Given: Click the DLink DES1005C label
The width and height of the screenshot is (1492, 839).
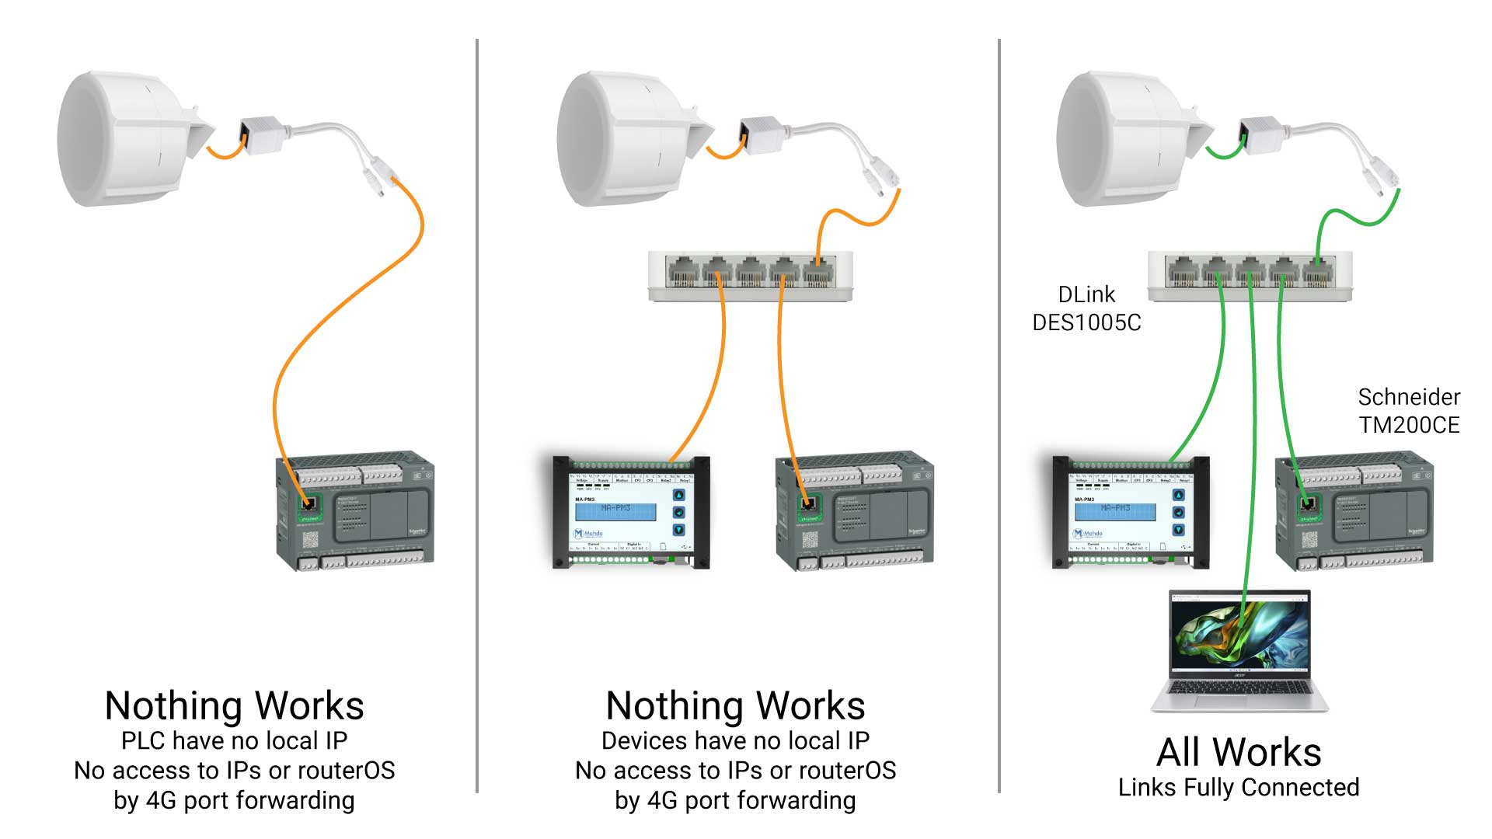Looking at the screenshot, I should (1086, 308).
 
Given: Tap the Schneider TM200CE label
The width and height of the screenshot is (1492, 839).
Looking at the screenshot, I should (1408, 411).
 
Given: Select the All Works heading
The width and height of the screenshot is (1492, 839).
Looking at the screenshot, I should (1239, 752).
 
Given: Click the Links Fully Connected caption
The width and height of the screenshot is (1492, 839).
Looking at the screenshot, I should (1239, 788).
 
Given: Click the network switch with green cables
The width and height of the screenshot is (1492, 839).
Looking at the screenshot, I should (1250, 276).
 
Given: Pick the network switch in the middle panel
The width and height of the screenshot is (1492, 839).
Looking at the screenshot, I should (750, 276).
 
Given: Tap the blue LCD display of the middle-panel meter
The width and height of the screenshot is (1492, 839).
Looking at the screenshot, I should (615, 512).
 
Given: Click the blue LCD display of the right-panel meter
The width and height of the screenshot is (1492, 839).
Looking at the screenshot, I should (1115, 512).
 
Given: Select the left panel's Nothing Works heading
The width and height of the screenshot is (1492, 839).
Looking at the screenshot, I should (234, 706).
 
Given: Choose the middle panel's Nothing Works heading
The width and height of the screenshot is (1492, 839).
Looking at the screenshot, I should (735, 706).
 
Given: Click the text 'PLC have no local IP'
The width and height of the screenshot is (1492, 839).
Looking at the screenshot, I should (234, 741).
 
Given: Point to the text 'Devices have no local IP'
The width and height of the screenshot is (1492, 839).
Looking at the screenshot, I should (735, 741).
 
